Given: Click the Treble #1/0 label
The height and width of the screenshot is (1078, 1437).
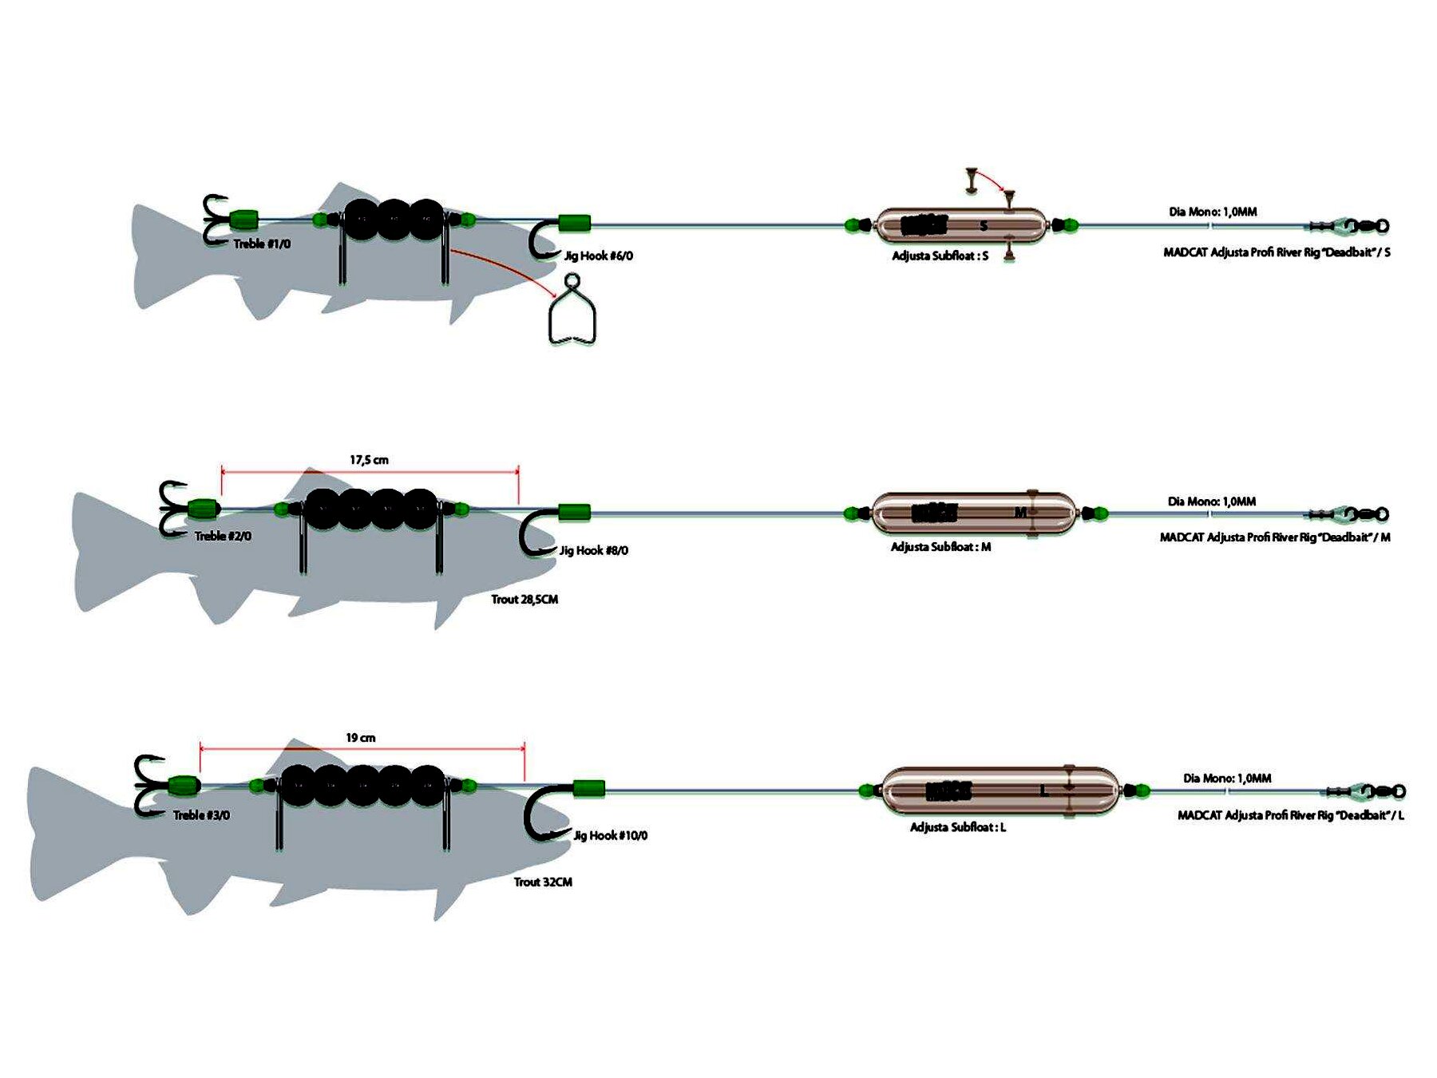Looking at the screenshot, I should [262, 244].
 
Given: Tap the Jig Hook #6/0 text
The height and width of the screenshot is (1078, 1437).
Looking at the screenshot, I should [599, 256].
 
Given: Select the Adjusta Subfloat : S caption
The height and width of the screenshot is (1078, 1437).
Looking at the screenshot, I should [940, 256].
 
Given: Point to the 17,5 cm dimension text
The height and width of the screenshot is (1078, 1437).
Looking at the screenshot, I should [369, 460].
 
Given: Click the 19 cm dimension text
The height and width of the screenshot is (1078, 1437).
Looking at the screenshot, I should [361, 738].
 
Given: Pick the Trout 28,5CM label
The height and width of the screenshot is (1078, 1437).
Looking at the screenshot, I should [525, 599].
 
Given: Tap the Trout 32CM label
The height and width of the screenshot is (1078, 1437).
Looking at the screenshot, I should [543, 882].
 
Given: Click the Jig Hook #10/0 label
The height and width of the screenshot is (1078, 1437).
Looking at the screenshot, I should [611, 835].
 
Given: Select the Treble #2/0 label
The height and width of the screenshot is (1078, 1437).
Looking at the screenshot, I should [223, 536].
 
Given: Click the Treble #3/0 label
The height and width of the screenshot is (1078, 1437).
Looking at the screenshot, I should [201, 814].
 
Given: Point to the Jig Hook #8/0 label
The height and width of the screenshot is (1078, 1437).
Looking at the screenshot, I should [593, 550].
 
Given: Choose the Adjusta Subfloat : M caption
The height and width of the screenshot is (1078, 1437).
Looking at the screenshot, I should [940, 547].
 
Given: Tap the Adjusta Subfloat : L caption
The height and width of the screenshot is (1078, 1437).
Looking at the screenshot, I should [958, 827].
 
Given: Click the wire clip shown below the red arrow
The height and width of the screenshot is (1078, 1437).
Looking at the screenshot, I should [572, 313].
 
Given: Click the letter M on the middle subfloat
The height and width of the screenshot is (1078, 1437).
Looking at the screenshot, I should [1020, 512].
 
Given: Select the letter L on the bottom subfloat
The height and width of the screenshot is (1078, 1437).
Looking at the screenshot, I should [1043, 791].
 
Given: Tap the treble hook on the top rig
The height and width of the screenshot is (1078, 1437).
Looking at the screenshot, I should [214, 219].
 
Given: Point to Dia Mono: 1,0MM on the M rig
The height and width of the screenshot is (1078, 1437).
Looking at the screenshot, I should [1211, 501].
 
